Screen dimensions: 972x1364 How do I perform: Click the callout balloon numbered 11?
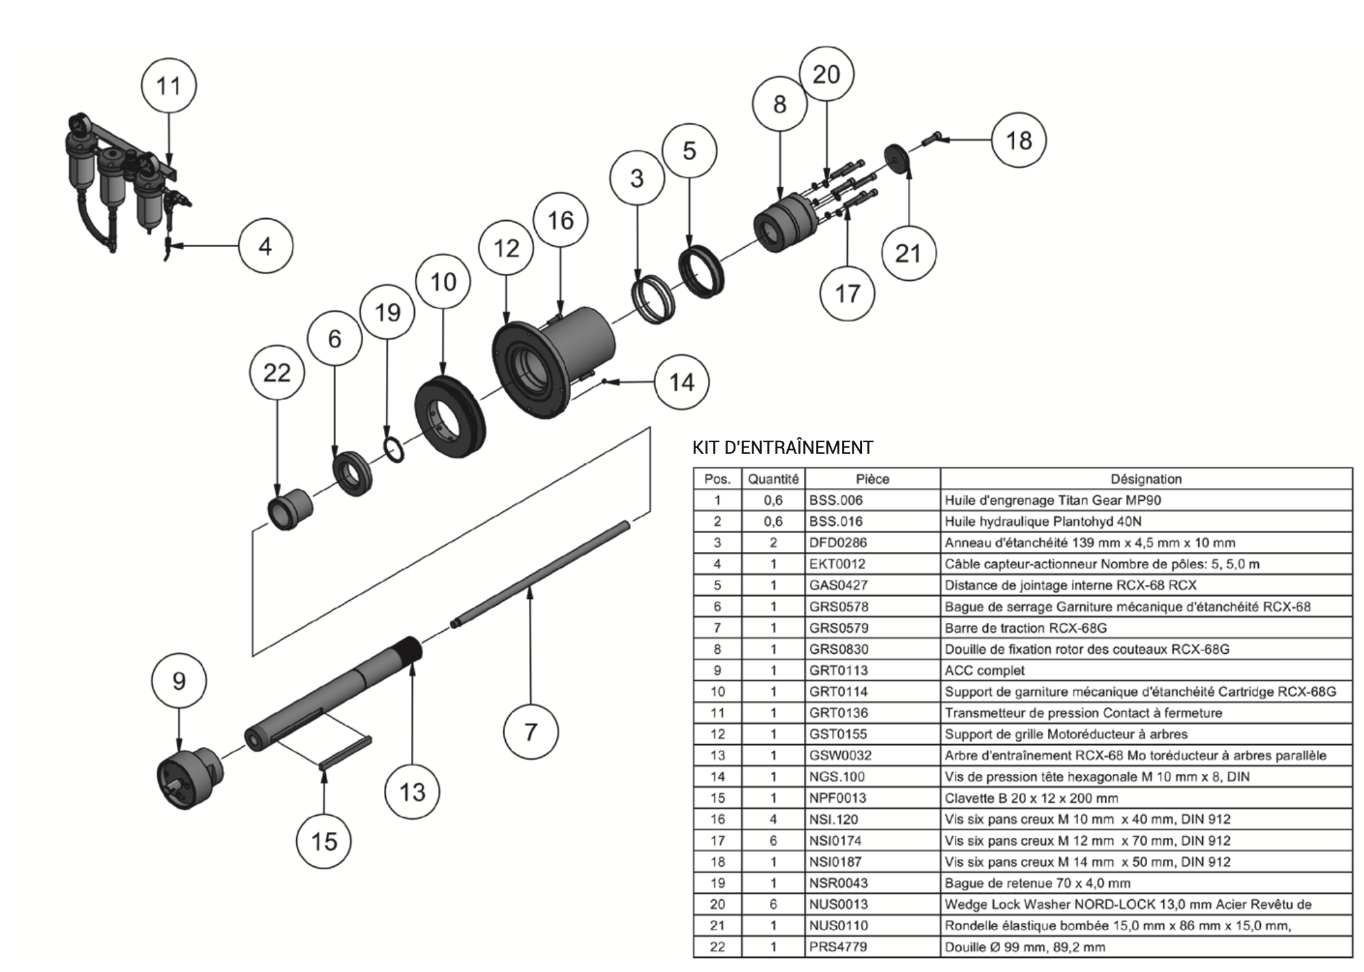point(169,86)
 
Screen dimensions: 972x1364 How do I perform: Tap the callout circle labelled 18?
point(1019,140)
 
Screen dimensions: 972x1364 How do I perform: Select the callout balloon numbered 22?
point(277,372)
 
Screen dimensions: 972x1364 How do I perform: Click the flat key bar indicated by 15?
point(345,752)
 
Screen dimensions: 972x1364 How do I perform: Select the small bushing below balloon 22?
point(290,509)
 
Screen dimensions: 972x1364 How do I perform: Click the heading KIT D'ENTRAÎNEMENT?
point(783,447)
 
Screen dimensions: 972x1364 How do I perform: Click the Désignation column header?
point(1146,479)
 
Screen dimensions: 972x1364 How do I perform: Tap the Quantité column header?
point(773,479)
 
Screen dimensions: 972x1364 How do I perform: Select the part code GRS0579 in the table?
point(839,628)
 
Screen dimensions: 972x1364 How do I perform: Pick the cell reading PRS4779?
point(838,947)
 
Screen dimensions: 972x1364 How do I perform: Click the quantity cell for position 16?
point(773,820)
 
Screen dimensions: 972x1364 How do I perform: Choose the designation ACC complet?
point(985,671)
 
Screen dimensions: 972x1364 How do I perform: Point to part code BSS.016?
point(836,521)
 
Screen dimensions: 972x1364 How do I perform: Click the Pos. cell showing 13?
point(717,756)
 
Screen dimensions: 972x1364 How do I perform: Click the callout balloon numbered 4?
point(265,246)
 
